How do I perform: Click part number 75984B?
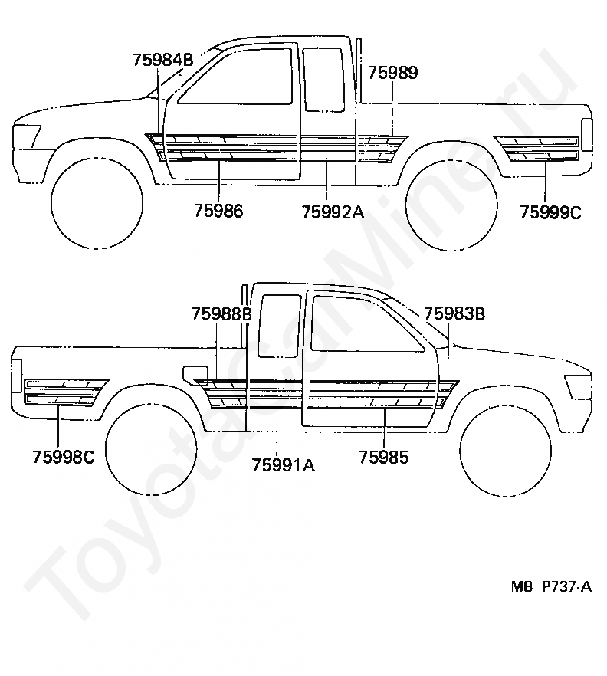tap(162, 60)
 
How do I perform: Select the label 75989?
tap(392, 74)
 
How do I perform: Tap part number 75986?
tap(218, 212)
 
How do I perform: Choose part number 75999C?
tap(550, 212)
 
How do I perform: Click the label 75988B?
tap(221, 313)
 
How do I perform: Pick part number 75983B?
tap(454, 313)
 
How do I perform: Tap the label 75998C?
tap(63, 458)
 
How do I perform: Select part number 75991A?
tap(284, 463)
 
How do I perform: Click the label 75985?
tap(383, 458)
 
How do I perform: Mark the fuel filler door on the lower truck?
tap(196, 374)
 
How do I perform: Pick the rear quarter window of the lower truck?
tap(280, 325)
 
